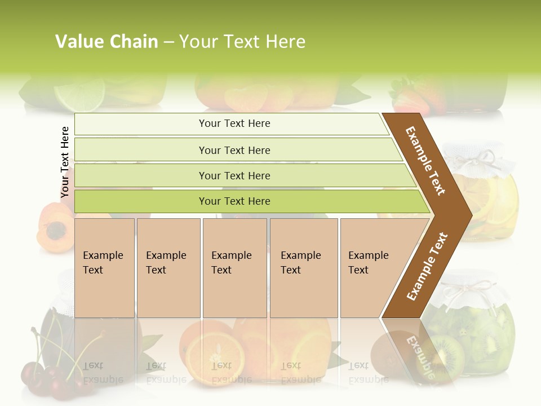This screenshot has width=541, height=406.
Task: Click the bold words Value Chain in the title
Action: [107, 42]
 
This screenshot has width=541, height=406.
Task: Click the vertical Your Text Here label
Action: [65, 162]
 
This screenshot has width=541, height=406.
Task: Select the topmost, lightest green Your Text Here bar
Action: [234, 123]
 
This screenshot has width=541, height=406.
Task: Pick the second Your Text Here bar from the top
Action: [234, 150]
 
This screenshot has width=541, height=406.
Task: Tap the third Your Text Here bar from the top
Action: [234, 175]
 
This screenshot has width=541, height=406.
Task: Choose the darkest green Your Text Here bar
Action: [234, 201]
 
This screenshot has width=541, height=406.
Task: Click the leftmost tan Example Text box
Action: [104, 268]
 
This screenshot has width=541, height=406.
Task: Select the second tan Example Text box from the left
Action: [168, 268]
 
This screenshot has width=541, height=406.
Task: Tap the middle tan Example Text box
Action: [234, 268]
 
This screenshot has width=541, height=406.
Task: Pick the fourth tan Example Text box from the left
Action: [304, 268]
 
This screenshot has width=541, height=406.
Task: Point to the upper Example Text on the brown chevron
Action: [426, 161]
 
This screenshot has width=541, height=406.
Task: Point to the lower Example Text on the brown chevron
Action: [427, 267]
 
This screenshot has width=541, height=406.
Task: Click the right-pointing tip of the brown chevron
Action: [467, 214]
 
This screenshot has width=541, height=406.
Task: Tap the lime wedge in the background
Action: [87, 93]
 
